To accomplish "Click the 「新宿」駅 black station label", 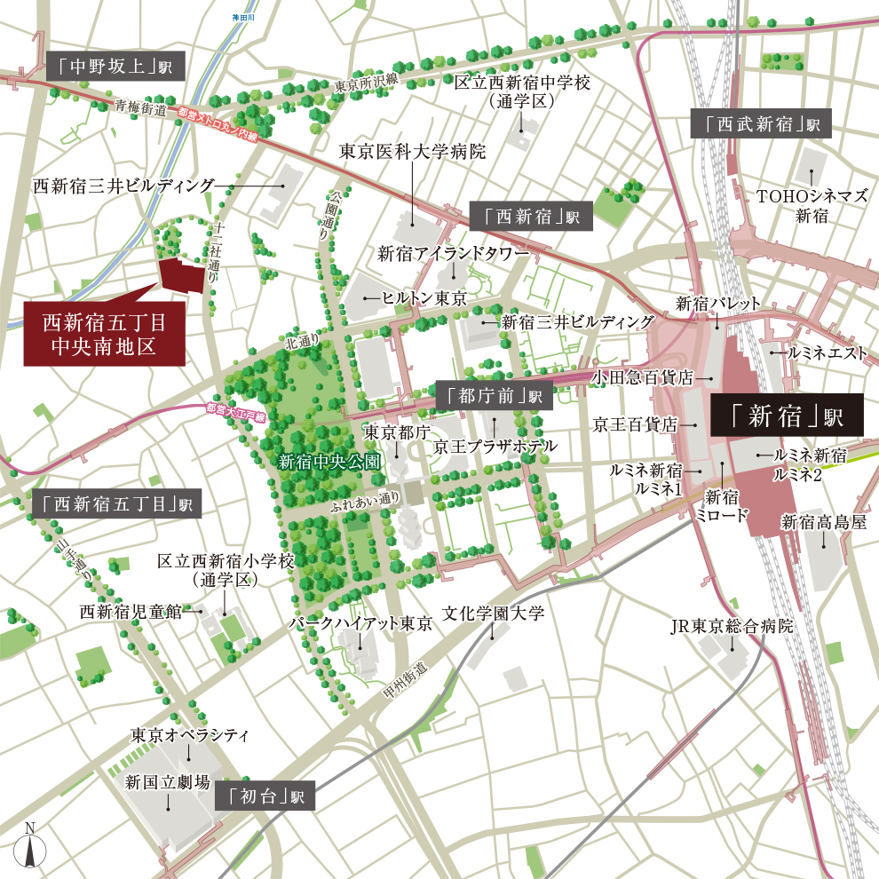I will pos(787,415).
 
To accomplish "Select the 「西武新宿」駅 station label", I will pos(760,124).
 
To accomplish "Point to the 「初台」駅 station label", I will pos(265,796).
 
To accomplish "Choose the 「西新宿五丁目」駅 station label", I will pos(116,504).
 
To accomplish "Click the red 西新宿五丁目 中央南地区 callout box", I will pos(104,333).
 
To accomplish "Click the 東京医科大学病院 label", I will pos(413,152).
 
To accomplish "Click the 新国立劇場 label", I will pos(168,782).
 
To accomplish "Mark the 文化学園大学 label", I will pos(494,614).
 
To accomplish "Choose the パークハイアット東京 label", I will pos(360,624).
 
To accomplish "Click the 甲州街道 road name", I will pos(410,679).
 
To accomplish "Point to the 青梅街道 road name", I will pos(141,107).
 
